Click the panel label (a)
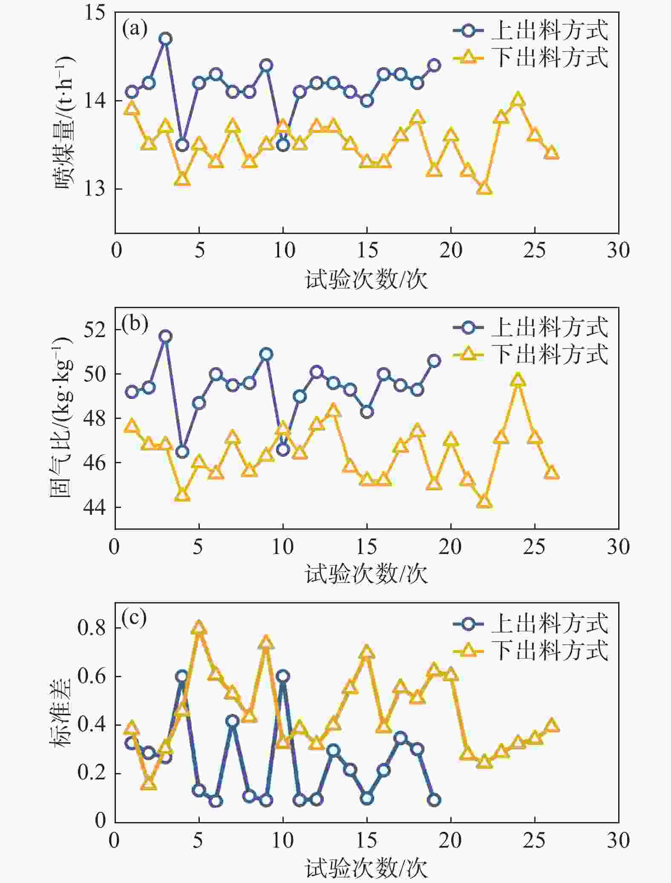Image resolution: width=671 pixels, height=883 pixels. [x=135, y=30]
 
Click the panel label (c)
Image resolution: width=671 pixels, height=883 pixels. [x=134, y=618]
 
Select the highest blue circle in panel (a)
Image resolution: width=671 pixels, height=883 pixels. [x=165, y=39]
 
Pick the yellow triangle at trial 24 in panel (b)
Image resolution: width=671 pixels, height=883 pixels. [x=518, y=380]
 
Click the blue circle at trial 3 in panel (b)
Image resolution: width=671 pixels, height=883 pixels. [x=165, y=336]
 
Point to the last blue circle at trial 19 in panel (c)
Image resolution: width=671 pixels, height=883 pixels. [x=434, y=800]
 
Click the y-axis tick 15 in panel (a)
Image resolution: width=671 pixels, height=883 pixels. [x=95, y=13]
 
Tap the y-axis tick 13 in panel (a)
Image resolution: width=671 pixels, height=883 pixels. [x=95, y=188]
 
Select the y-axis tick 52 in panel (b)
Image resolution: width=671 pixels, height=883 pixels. [x=95, y=330]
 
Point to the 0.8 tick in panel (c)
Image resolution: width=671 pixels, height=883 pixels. [x=91, y=628]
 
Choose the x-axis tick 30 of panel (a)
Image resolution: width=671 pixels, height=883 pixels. [x=618, y=251]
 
